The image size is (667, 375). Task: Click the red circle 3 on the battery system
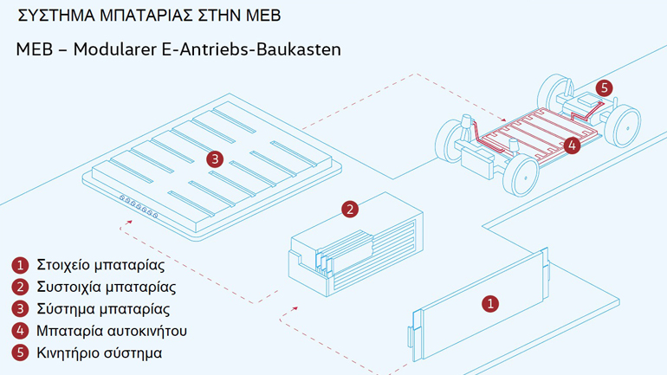click(215, 158)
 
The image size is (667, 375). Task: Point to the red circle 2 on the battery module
click(349, 209)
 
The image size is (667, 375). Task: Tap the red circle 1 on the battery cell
click(490, 303)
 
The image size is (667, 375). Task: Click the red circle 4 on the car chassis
click(571, 145)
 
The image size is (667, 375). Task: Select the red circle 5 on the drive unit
click(604, 87)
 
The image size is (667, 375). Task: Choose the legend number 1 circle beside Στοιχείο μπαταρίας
click(20, 264)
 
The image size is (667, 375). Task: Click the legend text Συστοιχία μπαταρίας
click(107, 287)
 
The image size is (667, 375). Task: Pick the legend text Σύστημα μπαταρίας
click(103, 309)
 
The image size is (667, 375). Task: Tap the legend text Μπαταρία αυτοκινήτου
click(112, 331)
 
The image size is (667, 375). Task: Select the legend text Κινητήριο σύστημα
click(100, 353)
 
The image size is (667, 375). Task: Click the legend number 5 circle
click(20, 353)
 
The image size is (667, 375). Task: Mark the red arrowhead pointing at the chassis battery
click(504, 120)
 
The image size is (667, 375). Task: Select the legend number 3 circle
click(20, 309)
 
